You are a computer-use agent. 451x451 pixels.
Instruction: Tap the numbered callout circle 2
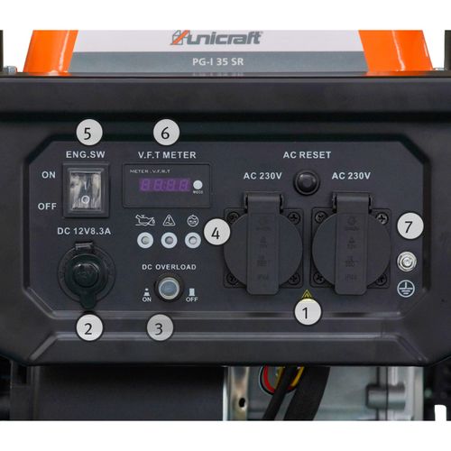(x=87, y=327)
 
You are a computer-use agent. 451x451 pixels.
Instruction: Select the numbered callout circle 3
(x=160, y=327)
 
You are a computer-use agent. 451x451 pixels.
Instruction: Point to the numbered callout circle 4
(x=213, y=232)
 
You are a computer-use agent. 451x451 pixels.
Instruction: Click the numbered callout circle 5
(x=87, y=131)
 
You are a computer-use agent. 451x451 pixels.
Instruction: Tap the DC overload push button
(x=166, y=288)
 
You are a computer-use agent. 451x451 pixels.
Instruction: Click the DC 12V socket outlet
(x=87, y=274)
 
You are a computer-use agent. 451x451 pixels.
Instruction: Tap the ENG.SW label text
(x=87, y=155)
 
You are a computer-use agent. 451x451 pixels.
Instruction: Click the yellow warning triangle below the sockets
(x=307, y=294)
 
